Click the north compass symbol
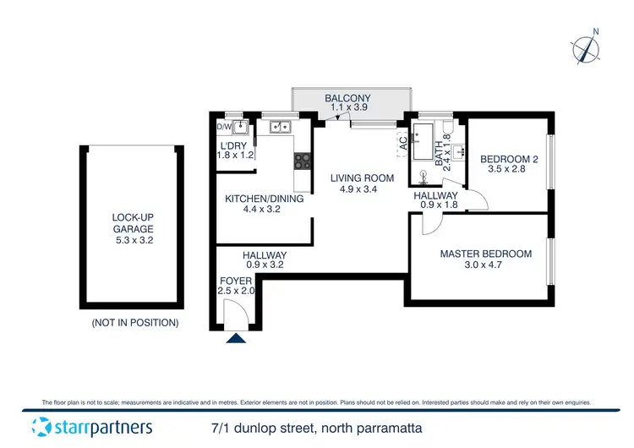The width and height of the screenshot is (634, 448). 585,49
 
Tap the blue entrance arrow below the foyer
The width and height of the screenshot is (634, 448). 236,339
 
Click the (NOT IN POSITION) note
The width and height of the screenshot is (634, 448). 134,323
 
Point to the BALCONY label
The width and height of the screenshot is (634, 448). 347,99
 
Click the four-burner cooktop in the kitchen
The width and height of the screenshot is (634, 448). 302,160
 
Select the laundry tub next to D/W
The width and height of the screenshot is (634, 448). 241,128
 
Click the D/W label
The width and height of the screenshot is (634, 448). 224,128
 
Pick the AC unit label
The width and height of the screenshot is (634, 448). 403,145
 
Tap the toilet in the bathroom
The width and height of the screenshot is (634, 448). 421,176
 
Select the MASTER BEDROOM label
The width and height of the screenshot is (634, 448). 485,254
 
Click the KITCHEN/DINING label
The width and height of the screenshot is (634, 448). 252,199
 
